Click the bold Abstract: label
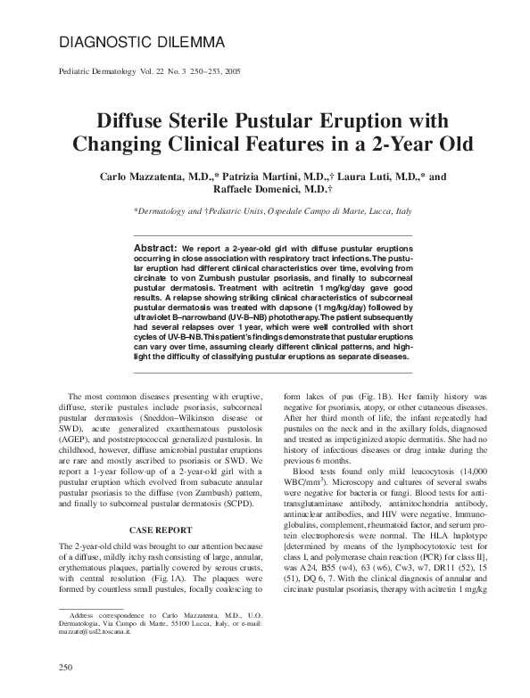click(154, 246)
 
